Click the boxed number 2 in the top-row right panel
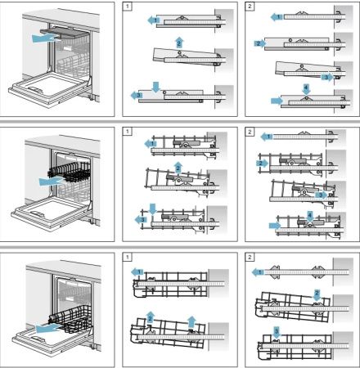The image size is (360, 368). coord(250,7)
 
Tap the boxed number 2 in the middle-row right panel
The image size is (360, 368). coord(250,131)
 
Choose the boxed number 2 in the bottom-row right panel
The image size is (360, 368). coord(250,256)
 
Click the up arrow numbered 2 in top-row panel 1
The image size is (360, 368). coord(178,41)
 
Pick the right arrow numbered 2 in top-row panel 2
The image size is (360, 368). coord(259,42)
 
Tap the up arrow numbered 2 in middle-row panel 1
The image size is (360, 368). coord(178,167)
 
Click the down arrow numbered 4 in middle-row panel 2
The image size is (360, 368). coord(309,215)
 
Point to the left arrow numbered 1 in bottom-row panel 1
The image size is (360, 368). coord(137,271)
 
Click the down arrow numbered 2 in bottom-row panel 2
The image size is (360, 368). coord(317,294)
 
